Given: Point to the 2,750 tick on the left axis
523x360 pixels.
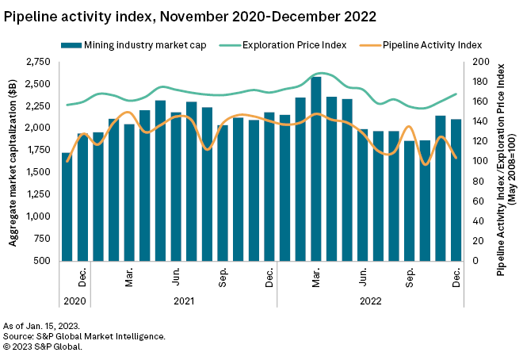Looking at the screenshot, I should pyautogui.click(x=37, y=62).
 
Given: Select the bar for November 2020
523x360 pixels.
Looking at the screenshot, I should pyautogui.click(x=67, y=206).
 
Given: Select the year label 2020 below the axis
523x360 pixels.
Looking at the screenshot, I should pyautogui.click(x=74, y=301).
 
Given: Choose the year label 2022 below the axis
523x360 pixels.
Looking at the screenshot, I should pyautogui.click(x=370, y=301).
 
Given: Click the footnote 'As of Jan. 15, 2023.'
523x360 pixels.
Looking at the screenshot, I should pyautogui.click(x=41, y=326).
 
